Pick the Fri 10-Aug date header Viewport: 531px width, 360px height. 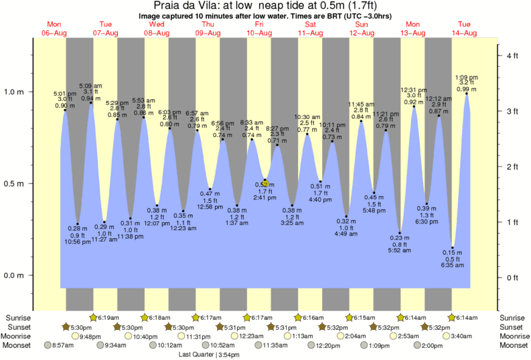pyautogui.click(x=259, y=28)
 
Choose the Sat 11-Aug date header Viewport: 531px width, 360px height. pyautogui.click(x=310, y=28)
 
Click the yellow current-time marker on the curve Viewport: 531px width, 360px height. pyautogui.click(x=266, y=183)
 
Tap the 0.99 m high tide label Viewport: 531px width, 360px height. pyautogui.click(x=466, y=90)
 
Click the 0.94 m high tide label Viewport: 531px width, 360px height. pyautogui.click(x=91, y=98)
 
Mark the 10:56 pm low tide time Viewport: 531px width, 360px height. pyautogui.click(x=78, y=241)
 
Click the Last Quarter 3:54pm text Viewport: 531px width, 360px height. pyautogui.click(x=208, y=355)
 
